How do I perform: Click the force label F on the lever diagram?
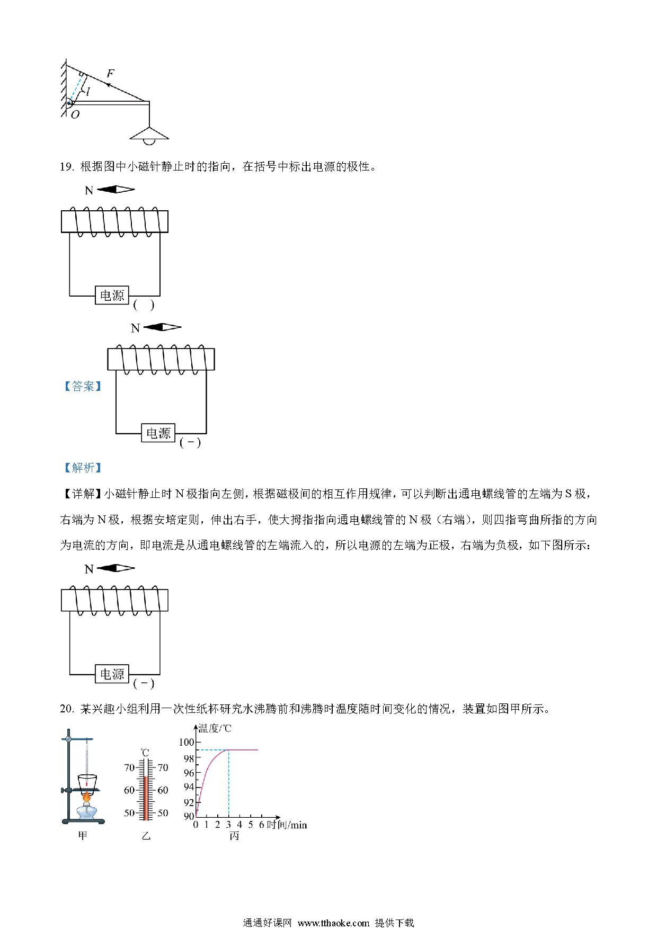click(x=110, y=73)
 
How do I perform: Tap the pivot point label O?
click(x=75, y=114)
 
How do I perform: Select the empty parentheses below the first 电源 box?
click(x=144, y=305)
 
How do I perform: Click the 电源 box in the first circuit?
click(x=112, y=295)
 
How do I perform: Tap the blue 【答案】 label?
click(x=83, y=386)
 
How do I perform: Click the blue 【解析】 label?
click(x=83, y=468)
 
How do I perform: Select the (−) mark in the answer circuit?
click(x=190, y=443)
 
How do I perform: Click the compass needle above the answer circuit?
click(x=162, y=327)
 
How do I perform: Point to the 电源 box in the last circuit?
click(x=112, y=674)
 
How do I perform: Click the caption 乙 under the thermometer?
click(x=145, y=836)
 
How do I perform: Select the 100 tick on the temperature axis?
click(x=186, y=743)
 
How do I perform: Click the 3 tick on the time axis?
click(x=228, y=825)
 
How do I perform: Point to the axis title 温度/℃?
click(x=214, y=729)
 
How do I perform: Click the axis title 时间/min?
click(x=287, y=825)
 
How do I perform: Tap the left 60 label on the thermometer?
click(x=129, y=790)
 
